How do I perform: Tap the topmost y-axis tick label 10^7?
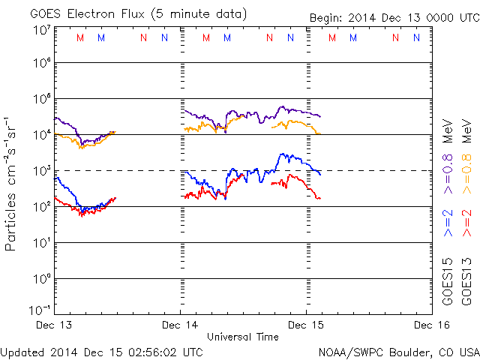(x=42, y=30)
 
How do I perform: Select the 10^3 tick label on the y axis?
(x=42, y=171)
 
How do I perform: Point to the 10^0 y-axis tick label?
(x=42, y=278)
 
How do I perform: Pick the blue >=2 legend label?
(x=448, y=223)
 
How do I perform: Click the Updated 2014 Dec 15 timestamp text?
(x=102, y=351)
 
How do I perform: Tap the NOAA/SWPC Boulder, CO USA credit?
(x=398, y=351)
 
